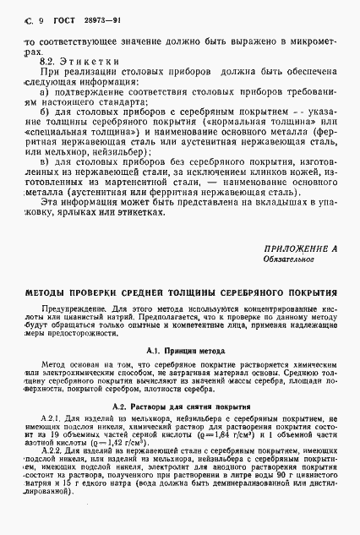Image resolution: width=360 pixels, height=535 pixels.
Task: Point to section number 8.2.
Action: click(x=49, y=63)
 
